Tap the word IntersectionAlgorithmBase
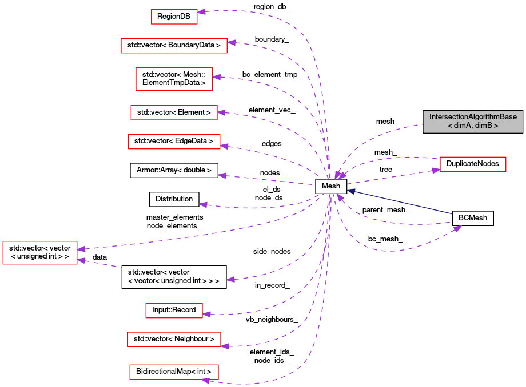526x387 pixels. click(473, 117)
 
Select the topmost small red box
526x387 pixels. click(174, 17)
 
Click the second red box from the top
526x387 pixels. click(174, 46)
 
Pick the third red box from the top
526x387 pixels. click(174, 79)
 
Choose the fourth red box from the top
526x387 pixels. click(174, 112)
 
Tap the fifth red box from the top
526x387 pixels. click(174, 142)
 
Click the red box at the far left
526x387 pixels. click(39, 252)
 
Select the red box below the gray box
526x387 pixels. click(473, 164)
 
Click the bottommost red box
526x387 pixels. click(174, 372)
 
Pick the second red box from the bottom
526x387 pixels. click(174, 339)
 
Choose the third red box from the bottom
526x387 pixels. click(174, 311)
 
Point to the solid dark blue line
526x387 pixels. click(400, 203)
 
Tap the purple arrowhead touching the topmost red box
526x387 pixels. click(201, 11)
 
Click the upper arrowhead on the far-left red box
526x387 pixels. click(81, 249)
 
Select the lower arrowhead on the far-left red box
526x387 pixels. click(81, 260)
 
